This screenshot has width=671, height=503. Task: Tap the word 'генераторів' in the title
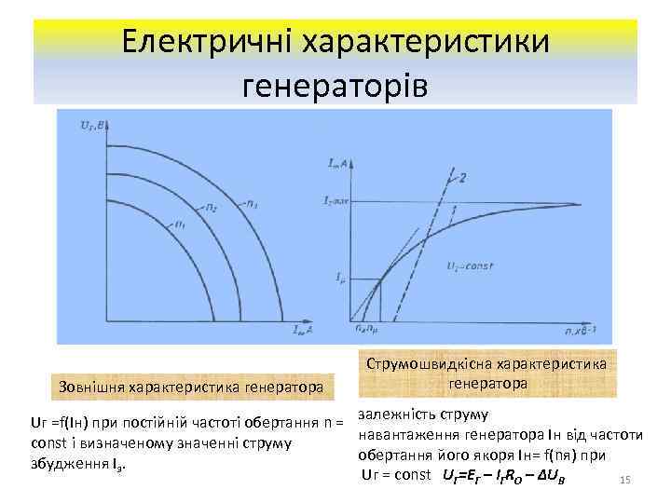(335, 86)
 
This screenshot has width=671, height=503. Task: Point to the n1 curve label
(180, 224)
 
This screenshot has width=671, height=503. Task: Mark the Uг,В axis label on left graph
(70, 122)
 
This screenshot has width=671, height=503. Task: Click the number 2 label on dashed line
(463, 178)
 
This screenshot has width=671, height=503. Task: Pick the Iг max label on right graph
(336, 201)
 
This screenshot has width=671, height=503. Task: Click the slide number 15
(625, 480)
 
